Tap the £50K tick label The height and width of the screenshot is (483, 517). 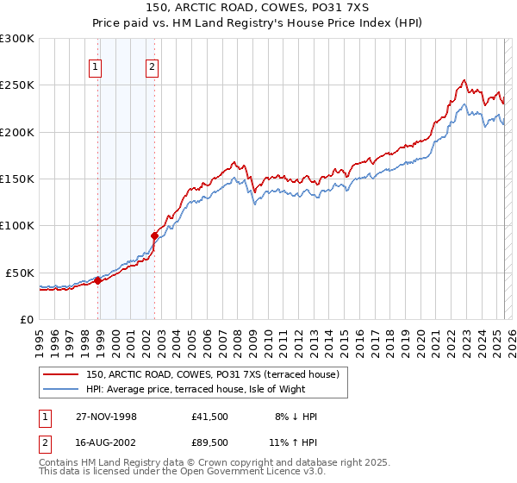pyautogui.click(x=21, y=273)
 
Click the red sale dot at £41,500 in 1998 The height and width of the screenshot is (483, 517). pyautogui.click(x=98, y=280)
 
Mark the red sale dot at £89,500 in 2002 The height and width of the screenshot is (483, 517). pyautogui.click(x=155, y=235)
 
